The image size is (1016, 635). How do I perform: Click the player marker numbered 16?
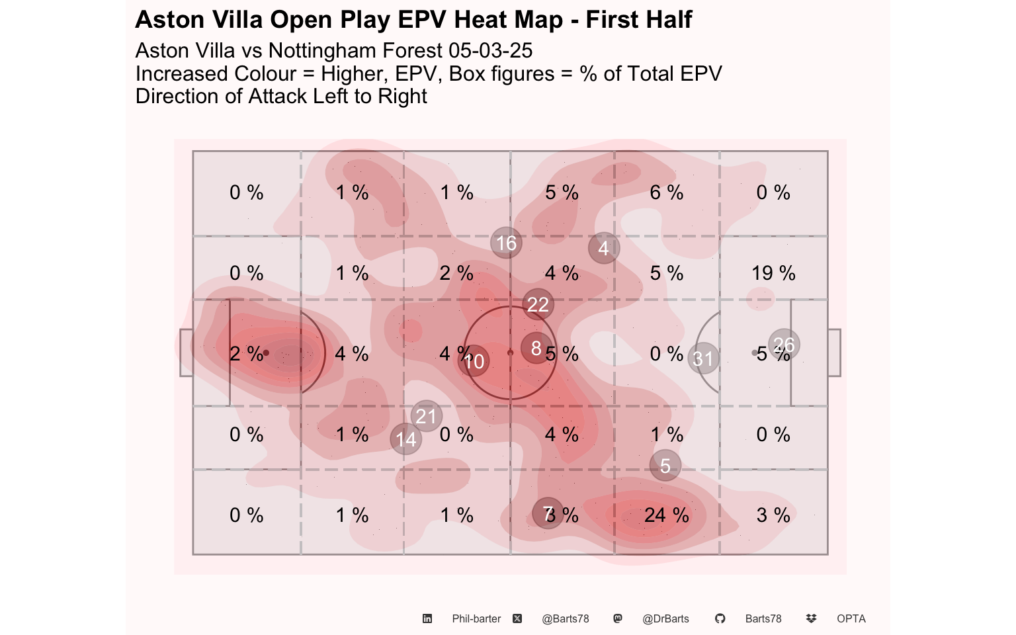coord(506,243)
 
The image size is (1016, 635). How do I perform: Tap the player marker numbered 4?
coord(604,248)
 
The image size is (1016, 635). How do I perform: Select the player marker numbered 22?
coord(538,304)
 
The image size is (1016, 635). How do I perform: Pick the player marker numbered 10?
coord(474,361)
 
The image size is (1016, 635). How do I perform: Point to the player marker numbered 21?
coord(426,416)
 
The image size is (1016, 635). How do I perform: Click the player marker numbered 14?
coord(406,439)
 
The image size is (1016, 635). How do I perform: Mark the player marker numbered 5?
coord(665,466)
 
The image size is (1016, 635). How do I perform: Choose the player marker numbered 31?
coord(704,359)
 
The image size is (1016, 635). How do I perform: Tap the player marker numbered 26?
coord(784,345)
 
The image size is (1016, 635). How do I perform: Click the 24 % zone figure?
coord(666,515)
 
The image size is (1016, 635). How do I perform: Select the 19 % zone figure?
coord(773,273)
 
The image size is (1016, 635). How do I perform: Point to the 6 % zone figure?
coord(666,192)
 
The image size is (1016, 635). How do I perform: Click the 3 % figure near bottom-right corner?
coord(773,515)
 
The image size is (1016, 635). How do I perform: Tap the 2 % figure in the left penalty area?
coord(246,354)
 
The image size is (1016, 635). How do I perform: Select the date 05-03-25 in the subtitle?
coord(490,50)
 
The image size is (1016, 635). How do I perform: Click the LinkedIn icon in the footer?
coord(427,618)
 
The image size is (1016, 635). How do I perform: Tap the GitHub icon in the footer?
coord(720,618)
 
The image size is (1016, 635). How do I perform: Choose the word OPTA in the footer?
coord(851,618)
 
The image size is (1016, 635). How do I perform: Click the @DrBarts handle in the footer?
coord(665,618)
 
